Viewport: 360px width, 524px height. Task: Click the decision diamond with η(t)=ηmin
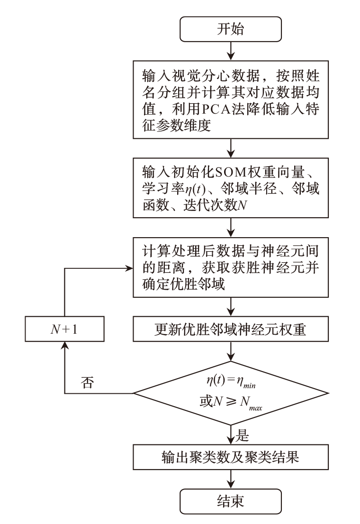230,393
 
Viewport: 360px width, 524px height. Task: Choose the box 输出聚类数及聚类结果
230,458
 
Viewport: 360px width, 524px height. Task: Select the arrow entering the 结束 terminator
230,480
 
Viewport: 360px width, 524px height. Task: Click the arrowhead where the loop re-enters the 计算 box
130,268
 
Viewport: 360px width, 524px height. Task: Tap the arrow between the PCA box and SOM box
230,147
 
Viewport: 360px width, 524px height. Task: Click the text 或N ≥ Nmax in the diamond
230,403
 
